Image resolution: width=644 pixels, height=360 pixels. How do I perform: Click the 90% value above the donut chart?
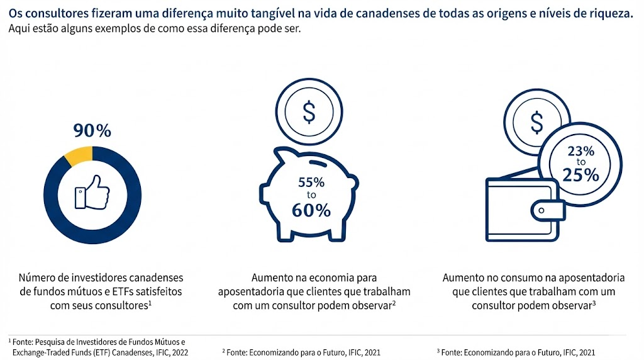tap(92, 131)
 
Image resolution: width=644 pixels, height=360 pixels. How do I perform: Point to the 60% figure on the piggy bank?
tap(311, 210)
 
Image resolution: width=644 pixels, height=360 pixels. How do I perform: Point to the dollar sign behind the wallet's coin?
tap(536, 123)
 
